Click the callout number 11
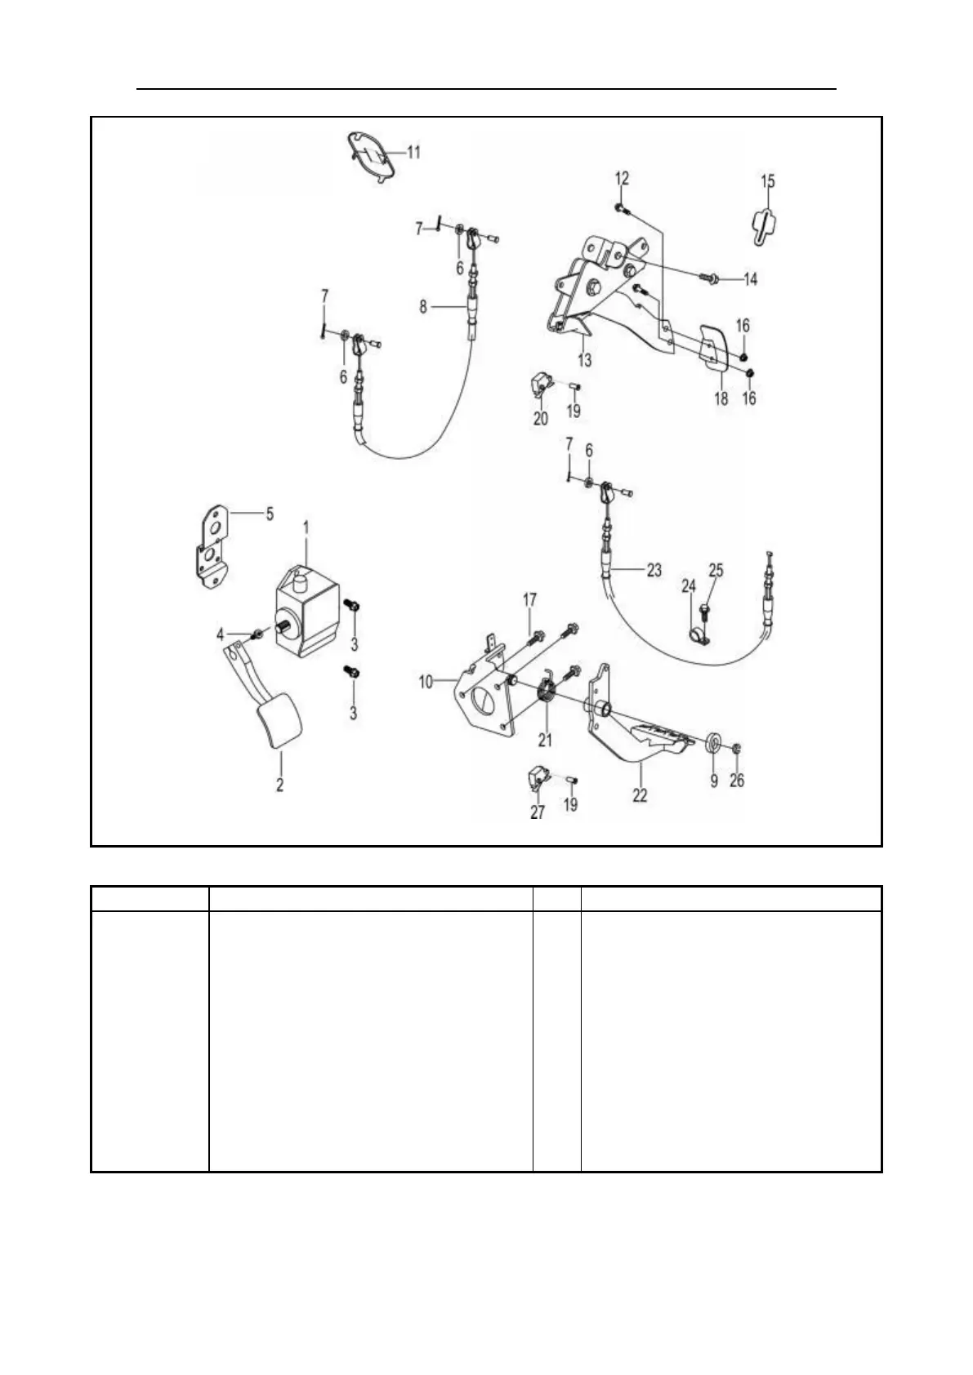coord(413,152)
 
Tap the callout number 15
coord(768,181)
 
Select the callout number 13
coord(585,359)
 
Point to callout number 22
coord(640,794)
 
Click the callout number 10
coord(426,681)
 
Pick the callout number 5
coord(269,514)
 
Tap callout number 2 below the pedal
coord(279,785)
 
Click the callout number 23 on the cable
coord(654,570)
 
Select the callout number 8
coord(423,307)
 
